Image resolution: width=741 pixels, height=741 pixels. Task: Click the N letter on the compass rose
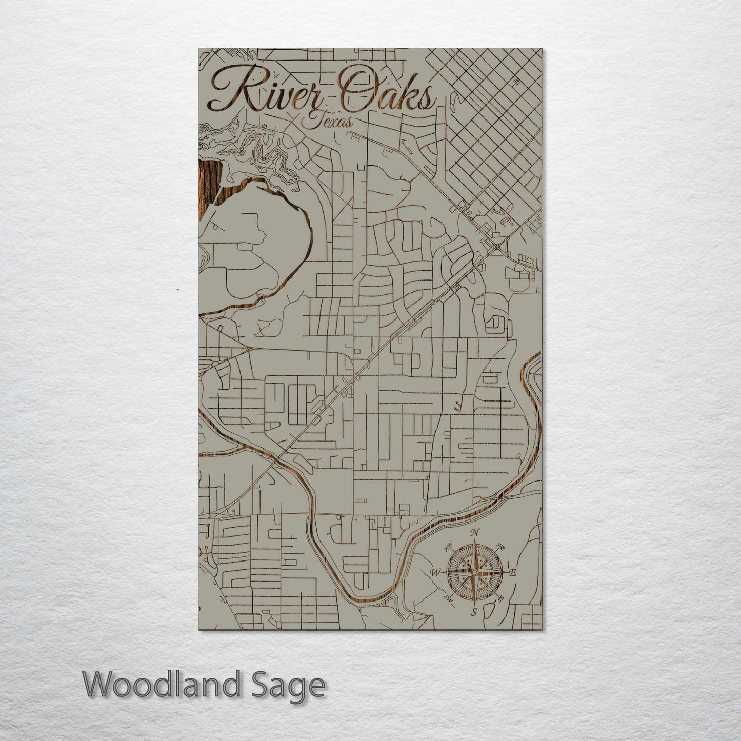point(475,532)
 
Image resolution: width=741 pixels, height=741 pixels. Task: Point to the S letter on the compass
point(474,612)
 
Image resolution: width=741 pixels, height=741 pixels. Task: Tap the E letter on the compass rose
point(513,572)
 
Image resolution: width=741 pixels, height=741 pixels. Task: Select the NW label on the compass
point(448,548)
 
